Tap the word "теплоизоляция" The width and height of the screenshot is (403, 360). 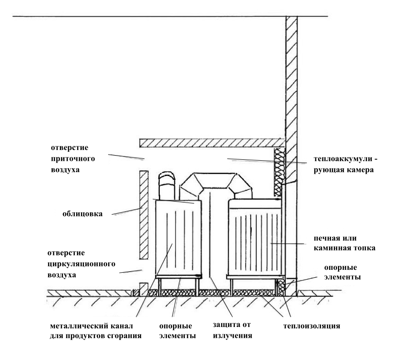(312, 326)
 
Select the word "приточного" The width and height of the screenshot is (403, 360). (71, 159)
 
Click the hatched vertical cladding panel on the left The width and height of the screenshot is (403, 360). (143, 214)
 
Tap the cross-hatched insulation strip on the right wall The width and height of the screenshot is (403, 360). (279, 172)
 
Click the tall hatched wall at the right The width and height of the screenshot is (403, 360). (291, 139)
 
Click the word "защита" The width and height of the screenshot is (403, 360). (223, 326)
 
